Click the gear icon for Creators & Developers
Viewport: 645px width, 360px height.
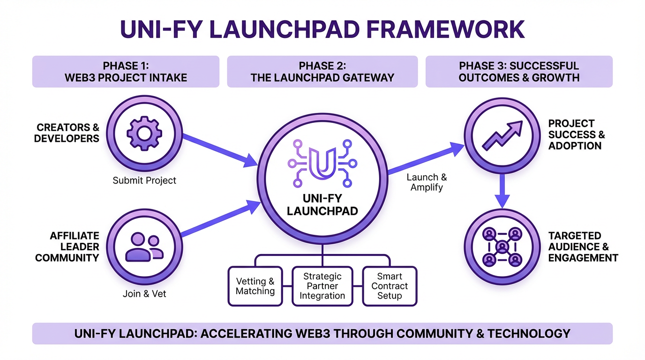pos(144,134)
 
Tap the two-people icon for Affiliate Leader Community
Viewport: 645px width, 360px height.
pos(144,247)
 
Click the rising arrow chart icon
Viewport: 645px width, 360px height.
pos(502,135)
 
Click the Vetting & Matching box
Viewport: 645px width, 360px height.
pos(255,286)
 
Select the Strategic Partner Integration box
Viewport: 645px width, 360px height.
pos(322,286)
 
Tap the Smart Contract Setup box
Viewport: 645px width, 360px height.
pos(390,286)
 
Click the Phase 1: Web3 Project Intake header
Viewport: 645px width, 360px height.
pos(126,72)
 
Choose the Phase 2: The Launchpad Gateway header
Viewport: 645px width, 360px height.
pos(322,72)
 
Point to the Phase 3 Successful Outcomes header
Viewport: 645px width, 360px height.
pos(519,72)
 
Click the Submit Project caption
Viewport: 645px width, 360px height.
pos(144,180)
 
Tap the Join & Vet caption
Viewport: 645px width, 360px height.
pos(144,294)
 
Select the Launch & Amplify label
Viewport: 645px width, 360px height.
pos(427,182)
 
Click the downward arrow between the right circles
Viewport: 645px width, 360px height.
pos(502,190)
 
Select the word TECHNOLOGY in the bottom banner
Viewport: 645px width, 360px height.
pos(529,334)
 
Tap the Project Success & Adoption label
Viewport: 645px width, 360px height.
pos(576,135)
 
